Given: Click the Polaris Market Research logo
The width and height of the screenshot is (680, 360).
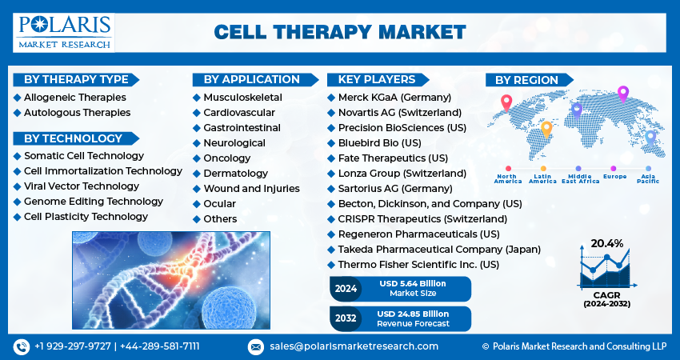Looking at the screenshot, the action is (64, 33).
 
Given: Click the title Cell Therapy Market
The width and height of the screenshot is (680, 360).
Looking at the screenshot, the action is (340, 32).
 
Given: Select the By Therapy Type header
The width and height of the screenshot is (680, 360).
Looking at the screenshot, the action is (76, 79).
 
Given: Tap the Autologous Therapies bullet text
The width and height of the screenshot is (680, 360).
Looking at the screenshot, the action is (77, 112).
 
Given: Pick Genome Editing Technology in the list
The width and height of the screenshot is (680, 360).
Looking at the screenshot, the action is (94, 202).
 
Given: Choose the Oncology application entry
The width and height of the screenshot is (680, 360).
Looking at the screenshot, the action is (227, 158).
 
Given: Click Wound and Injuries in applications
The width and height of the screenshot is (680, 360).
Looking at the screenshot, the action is (251, 189).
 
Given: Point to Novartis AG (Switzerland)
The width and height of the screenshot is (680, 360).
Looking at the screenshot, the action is (400, 113).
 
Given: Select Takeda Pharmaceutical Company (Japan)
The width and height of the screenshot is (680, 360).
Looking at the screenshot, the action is (439, 250).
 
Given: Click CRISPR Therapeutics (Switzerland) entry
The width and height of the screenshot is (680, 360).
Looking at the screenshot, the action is (422, 219).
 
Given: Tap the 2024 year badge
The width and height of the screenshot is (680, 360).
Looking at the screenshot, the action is (346, 289).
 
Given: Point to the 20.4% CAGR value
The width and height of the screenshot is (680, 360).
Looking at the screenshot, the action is (606, 244).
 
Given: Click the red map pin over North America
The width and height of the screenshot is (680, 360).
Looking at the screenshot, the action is (506, 103).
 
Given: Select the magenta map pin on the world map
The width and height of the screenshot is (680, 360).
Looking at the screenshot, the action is (622, 94).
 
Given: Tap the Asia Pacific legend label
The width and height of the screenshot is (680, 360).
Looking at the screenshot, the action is (648, 178).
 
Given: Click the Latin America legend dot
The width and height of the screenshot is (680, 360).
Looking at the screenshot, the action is (543, 169).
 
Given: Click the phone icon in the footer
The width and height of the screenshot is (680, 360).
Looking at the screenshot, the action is (22, 346).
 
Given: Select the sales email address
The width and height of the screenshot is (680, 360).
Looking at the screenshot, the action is (354, 346).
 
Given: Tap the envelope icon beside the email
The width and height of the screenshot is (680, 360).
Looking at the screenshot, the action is (256, 347).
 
